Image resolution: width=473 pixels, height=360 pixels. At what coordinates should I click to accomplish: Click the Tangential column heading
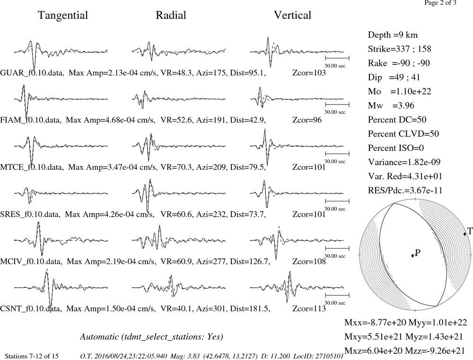tap(63, 16)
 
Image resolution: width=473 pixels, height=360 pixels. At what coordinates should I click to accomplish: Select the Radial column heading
tap(171, 16)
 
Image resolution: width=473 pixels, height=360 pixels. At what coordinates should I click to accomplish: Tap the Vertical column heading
tap(292, 16)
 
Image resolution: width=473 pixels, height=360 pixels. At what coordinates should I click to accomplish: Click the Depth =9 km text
tap(393, 35)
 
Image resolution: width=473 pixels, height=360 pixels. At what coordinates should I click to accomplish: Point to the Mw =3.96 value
tap(391, 105)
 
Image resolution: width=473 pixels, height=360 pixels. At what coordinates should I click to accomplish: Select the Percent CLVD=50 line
tap(403, 134)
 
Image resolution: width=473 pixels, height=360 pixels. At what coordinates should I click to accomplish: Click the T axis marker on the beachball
tap(465, 234)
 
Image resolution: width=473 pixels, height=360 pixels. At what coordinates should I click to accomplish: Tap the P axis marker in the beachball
tap(412, 255)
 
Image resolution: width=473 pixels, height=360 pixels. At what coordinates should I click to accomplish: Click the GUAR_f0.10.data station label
tap(32, 73)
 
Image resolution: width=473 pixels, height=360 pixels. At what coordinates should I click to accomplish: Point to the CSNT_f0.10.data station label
tap(31, 309)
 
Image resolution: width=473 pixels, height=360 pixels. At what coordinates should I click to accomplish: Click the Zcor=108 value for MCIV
tap(309, 262)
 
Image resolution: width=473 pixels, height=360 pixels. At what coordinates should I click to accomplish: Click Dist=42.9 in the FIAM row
tap(248, 120)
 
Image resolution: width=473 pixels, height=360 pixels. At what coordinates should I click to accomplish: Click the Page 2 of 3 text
tap(440, 3)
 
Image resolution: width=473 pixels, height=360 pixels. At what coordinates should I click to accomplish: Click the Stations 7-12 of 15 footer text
tap(32, 356)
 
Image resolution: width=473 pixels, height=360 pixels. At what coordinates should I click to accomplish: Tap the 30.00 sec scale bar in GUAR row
tap(337, 58)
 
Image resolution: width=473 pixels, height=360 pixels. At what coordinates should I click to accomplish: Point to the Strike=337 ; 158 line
tap(399, 49)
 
